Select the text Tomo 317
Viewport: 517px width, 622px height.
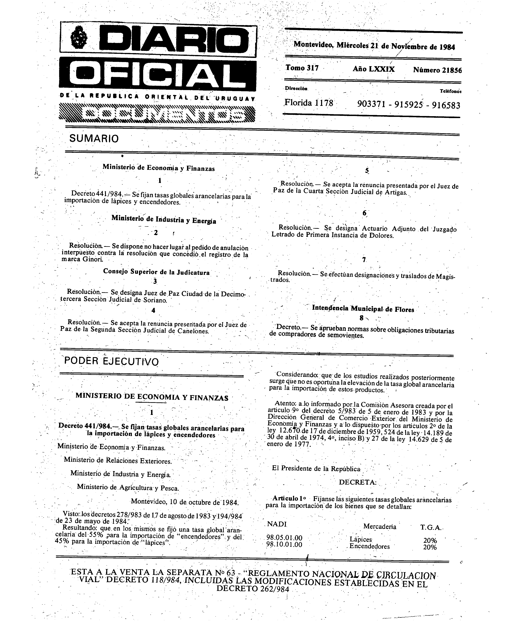(302, 68)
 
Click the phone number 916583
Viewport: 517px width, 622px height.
(446, 105)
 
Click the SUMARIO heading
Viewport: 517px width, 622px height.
(94, 138)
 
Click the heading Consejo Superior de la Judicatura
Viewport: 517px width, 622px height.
(156, 272)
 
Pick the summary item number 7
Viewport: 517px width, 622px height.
(364, 260)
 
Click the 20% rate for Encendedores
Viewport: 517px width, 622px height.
(430, 547)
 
